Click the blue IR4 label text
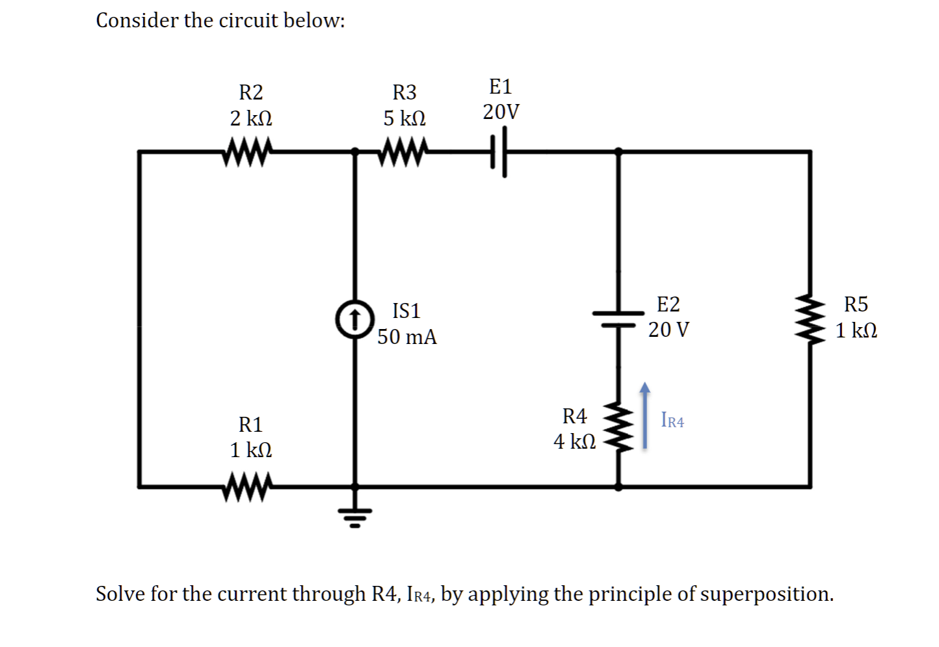pos(672,421)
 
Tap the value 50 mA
pos(407,337)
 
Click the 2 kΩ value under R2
pos(251,119)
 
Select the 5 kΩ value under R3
pos(404,119)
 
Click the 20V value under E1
pos(501,112)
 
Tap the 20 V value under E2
pos(669,330)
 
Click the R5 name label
pos(856,304)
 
